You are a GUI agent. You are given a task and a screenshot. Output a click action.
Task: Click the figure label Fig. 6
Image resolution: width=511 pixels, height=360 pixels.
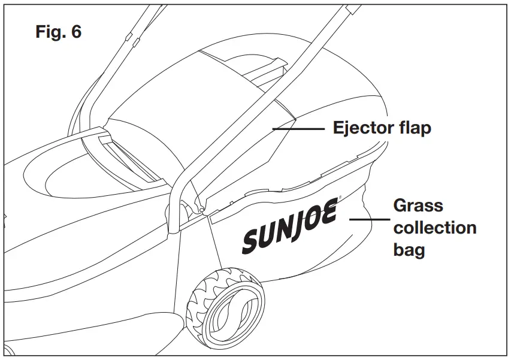coord(58,32)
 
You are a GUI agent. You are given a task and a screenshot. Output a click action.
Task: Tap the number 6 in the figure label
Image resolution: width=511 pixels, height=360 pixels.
coord(76,32)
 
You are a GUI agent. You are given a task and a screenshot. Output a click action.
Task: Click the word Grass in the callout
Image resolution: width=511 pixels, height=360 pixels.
coord(418,206)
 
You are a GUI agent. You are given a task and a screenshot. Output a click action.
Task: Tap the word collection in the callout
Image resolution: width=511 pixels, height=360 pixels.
coord(434,228)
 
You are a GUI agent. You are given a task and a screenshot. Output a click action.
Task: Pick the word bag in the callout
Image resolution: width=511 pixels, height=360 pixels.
coord(409,250)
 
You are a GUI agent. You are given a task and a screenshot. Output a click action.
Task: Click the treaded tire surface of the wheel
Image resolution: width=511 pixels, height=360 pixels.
coord(198,300)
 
